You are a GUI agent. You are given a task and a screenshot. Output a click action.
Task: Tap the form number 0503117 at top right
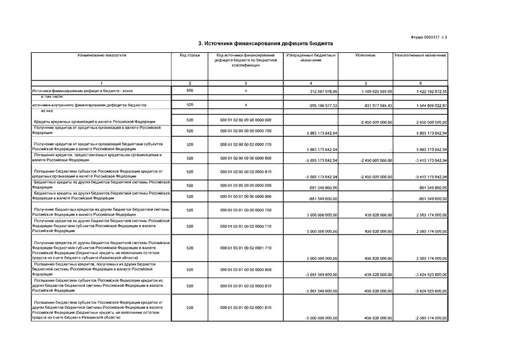(x=429, y=37)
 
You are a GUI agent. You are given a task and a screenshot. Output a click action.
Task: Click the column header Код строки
(x=190, y=55)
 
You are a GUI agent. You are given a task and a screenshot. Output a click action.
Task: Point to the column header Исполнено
(x=366, y=55)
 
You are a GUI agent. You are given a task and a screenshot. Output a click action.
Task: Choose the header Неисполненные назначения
(x=421, y=55)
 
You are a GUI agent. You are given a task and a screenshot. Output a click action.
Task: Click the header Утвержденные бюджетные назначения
(x=310, y=57)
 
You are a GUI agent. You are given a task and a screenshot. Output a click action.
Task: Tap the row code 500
(x=190, y=90)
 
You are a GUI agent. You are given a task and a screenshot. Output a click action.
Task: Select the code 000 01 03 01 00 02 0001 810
(x=246, y=308)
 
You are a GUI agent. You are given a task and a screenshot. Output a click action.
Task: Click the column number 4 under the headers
(x=310, y=83)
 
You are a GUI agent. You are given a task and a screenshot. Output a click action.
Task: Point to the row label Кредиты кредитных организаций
(x=84, y=120)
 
